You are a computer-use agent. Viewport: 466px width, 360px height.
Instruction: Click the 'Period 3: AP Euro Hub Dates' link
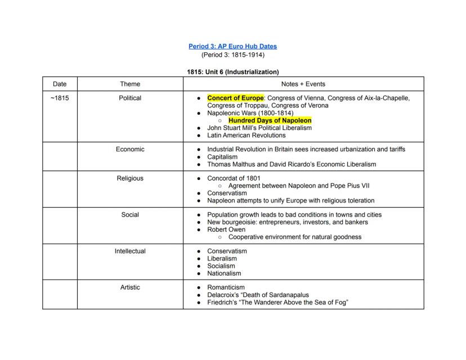pos(232,46)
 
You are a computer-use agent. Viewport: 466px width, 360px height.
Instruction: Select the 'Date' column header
pos(60,84)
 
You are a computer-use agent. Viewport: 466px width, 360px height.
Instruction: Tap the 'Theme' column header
pos(130,84)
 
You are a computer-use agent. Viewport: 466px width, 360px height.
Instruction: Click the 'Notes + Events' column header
pos(303,84)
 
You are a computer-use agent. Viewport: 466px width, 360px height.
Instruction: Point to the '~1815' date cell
pos(60,98)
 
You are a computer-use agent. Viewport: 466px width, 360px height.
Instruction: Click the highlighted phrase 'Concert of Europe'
pos(235,98)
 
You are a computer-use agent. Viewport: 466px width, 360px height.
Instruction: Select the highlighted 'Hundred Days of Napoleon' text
pos(270,120)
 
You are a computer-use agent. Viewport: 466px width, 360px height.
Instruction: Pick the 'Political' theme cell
pos(130,98)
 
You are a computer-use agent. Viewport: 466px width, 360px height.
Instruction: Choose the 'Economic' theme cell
pos(130,149)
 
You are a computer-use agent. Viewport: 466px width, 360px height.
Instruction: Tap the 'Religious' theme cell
pos(130,178)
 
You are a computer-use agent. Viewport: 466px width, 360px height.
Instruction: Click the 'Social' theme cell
pos(130,214)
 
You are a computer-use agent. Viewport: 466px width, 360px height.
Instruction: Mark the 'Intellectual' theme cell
pos(130,251)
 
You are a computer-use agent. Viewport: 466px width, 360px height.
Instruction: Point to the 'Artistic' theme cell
pos(130,287)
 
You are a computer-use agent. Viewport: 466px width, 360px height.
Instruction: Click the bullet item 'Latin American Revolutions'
pos(246,135)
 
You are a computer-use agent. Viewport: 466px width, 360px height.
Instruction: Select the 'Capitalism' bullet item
pos(222,157)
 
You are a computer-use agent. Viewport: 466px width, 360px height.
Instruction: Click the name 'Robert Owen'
pos(225,229)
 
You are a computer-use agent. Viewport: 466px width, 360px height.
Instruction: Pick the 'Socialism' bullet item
pos(221,266)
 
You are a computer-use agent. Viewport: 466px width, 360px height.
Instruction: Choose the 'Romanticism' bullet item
pos(226,287)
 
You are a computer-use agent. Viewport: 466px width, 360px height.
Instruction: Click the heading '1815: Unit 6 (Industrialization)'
pos(232,72)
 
